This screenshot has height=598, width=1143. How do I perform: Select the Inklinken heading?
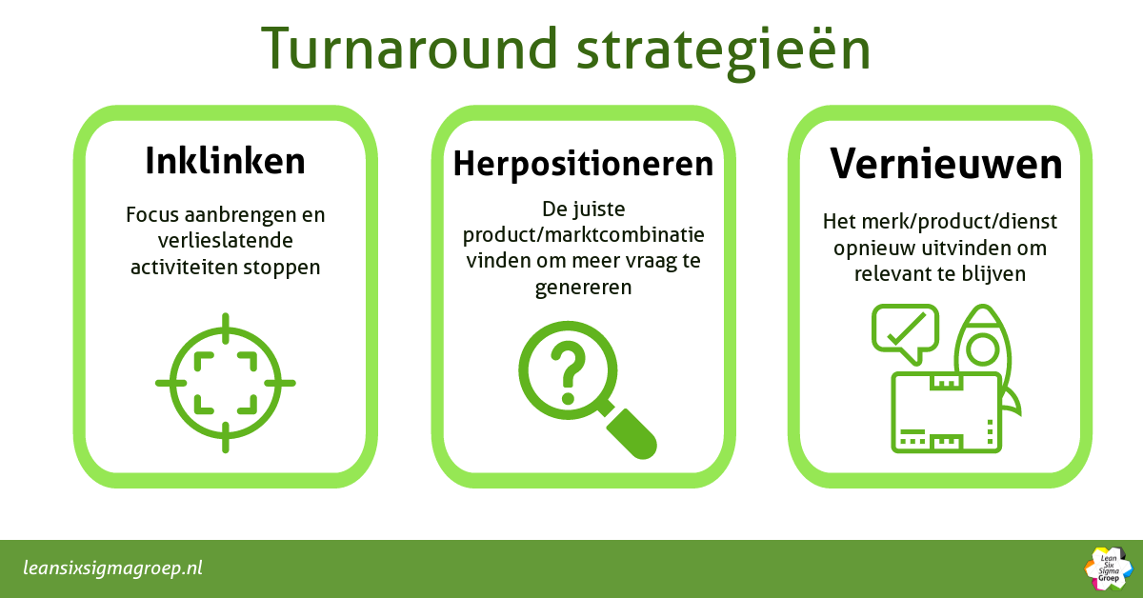(226, 161)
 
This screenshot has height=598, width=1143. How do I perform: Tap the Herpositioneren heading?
(583, 164)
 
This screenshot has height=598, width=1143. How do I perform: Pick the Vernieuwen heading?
(946, 164)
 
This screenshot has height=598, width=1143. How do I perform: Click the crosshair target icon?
(226, 382)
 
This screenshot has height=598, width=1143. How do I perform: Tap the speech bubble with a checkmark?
(904, 331)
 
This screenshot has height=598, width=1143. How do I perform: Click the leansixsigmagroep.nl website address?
(113, 568)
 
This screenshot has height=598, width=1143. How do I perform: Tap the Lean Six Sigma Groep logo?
(1107, 568)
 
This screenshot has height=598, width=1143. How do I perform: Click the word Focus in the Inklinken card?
(152, 215)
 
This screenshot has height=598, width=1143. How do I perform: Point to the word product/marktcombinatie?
(583, 235)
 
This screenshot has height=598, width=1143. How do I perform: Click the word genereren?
(583, 287)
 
